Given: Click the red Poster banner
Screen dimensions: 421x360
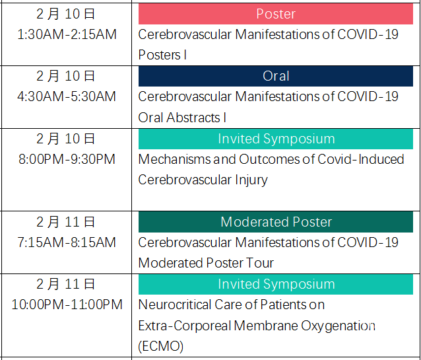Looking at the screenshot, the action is point(276,14).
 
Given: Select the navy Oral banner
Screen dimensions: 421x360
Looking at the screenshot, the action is point(276,76).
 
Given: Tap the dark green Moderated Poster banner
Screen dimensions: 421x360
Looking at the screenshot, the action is point(276,222).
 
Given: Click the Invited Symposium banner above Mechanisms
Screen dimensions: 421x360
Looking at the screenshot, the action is point(276,139).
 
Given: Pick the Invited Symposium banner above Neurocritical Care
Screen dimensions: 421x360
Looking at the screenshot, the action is point(276,284).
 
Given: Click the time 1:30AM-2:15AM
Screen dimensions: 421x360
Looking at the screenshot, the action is point(67,34).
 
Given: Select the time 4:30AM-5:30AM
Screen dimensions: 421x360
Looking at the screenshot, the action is point(67,96).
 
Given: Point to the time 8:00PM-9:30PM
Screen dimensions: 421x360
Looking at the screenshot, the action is point(67,159).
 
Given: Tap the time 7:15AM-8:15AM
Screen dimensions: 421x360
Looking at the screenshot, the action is point(67,242).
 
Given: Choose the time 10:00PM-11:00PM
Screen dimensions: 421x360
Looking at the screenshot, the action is point(67,305).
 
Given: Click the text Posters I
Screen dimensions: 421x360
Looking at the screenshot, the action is point(162,55).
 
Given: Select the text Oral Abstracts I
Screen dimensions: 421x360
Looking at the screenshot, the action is point(182,118).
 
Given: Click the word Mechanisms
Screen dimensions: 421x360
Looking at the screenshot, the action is point(174,159).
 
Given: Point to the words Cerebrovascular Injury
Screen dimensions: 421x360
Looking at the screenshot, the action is point(203,180).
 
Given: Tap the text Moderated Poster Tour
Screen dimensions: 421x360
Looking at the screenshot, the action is point(206,263).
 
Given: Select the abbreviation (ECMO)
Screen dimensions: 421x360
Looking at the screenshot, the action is point(161,346).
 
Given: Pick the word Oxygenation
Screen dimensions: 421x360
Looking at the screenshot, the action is point(338,326).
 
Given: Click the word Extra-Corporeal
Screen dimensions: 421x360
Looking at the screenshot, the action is point(185,326).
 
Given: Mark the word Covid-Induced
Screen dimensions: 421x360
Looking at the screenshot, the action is point(361,159).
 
